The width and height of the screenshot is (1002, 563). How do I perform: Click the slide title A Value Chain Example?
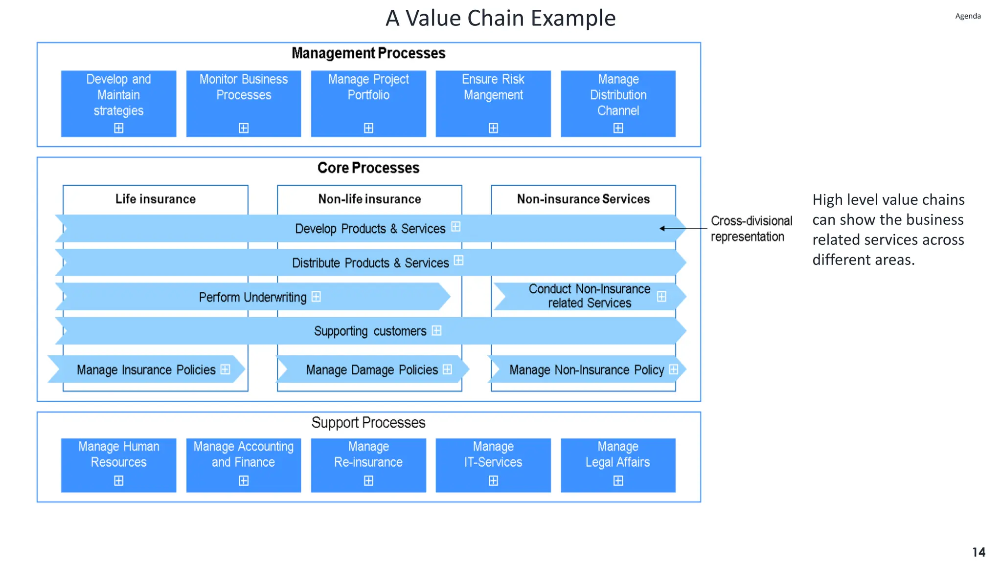500,19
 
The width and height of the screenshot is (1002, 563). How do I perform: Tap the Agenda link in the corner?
967,16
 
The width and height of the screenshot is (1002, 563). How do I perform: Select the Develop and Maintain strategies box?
118,103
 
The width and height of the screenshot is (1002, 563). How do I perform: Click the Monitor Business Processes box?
243,103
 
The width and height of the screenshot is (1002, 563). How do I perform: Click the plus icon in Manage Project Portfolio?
368,128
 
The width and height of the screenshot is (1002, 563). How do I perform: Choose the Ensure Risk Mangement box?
493,103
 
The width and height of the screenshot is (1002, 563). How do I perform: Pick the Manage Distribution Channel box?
617,103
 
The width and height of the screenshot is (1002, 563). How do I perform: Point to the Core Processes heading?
368,168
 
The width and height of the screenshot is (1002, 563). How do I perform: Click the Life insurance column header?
155,199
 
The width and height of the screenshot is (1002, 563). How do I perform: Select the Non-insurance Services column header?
583,199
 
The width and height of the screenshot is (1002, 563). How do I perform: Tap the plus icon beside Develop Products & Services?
455,227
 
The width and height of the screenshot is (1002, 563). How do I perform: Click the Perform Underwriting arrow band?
252,297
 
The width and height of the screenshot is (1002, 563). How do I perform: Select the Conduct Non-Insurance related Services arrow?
589,296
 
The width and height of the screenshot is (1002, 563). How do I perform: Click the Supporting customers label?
370,331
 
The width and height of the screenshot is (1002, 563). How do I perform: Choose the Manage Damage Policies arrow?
372,369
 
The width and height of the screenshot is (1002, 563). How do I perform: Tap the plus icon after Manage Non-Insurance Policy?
673,369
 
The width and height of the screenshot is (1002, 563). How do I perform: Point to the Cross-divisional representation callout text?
751,229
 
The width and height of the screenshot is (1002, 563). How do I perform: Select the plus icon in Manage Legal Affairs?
618,481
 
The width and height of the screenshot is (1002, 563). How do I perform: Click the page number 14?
978,552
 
